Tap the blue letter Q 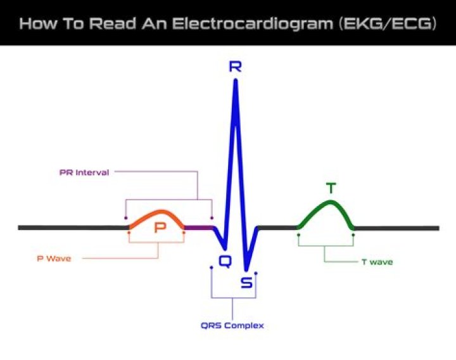click(225, 260)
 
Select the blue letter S click(246, 283)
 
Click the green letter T click(331, 188)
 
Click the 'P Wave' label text click(53, 258)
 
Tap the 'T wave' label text click(377, 262)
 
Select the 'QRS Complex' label click(232, 326)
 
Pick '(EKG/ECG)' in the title click(388, 24)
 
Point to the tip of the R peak click(236, 81)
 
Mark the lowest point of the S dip click(247, 269)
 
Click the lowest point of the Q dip click(223, 248)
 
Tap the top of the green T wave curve click(330, 202)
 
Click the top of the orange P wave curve click(160, 212)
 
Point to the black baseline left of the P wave click(70, 228)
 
